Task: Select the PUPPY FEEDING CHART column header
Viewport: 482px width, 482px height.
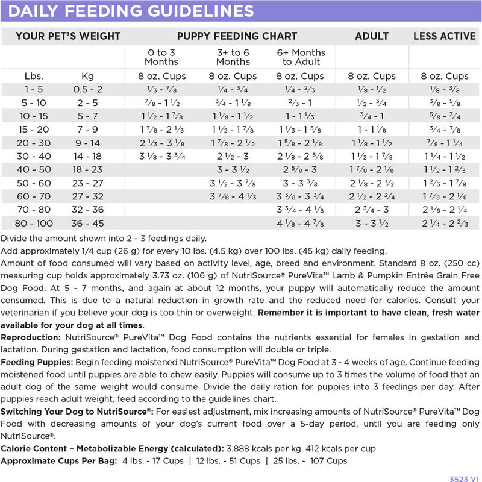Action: [237, 36]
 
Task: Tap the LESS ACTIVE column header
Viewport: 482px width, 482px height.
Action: [445, 36]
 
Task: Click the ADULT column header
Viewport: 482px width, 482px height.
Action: [372, 36]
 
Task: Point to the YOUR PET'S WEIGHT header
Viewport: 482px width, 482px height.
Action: [68, 36]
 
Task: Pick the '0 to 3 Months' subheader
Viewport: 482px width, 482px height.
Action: [161, 57]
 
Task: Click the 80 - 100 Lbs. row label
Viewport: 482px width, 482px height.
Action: [33, 222]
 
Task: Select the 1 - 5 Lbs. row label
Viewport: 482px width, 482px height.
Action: [33, 89]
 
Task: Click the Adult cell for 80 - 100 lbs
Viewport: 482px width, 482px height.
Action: [372, 222]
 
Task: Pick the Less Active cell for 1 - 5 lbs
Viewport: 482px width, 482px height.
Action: [445, 89]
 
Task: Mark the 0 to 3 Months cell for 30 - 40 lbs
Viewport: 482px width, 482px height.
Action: [161, 156]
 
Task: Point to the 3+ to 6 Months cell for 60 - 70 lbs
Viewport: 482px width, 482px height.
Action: [233, 196]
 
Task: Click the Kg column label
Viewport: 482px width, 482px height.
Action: [87, 76]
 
